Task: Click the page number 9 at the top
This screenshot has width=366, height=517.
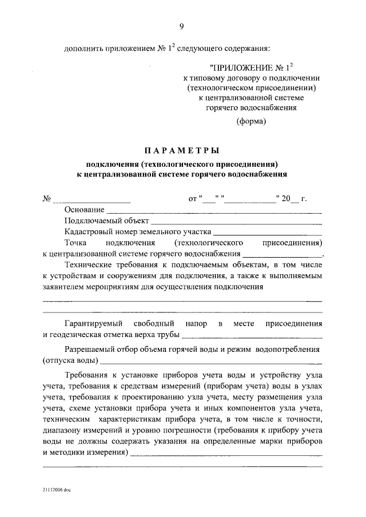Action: point(181,26)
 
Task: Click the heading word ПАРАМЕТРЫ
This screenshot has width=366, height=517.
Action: point(181,151)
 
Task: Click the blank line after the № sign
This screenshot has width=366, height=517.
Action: point(91,200)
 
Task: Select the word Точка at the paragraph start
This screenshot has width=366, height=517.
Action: point(77,242)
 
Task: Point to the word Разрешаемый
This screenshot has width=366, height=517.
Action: point(88,348)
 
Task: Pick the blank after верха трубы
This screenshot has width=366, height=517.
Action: point(252,335)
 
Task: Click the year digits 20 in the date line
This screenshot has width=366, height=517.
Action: point(285,199)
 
